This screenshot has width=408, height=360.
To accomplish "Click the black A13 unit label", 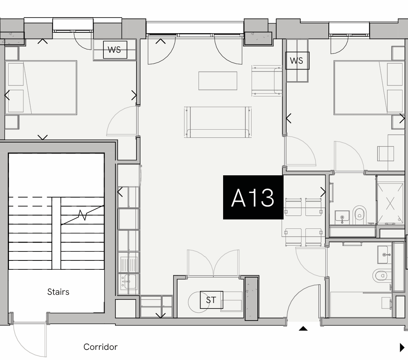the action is (x=253, y=197).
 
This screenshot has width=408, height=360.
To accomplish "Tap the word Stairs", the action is (x=58, y=292).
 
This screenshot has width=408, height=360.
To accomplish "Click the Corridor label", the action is (x=100, y=347).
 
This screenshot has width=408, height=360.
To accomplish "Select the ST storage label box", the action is (x=211, y=300).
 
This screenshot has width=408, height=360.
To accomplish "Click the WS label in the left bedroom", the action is (x=115, y=50).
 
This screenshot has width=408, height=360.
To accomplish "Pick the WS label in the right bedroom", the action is (x=297, y=61).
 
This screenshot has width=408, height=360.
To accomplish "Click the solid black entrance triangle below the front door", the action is (x=303, y=328).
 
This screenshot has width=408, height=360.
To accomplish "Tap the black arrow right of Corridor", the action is (x=402, y=348).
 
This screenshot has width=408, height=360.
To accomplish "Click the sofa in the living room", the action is (x=218, y=122).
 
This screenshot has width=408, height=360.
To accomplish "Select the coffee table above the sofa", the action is (x=218, y=81).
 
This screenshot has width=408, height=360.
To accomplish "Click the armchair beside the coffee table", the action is (x=267, y=81).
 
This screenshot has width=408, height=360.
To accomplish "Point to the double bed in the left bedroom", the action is (x=41, y=88).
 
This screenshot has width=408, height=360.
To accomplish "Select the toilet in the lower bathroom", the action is (x=382, y=276).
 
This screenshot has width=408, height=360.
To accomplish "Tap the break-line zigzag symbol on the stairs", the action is (x=82, y=215).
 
